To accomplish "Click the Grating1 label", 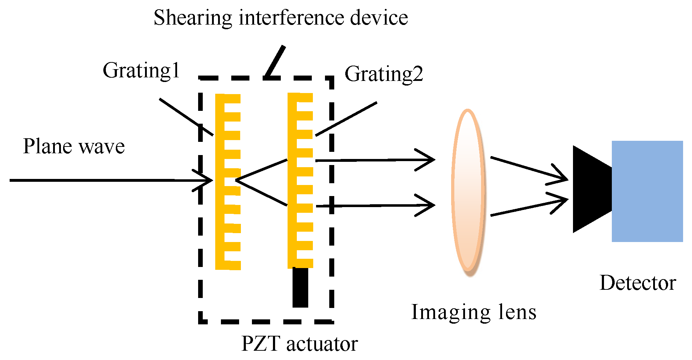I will pos(141,71).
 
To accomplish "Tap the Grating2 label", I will pos(384,74).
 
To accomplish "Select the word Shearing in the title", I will pos(192,18).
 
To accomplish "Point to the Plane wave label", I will pos(74,146).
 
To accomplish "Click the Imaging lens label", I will pos(474,312).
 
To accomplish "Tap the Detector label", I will pos(637,283).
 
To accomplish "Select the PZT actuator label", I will pos(299,344).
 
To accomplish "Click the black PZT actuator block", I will pos(300,287).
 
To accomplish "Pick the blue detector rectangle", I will pos(647,191).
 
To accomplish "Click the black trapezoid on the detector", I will pos(590,189).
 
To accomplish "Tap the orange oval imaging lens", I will pos(468,191).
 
